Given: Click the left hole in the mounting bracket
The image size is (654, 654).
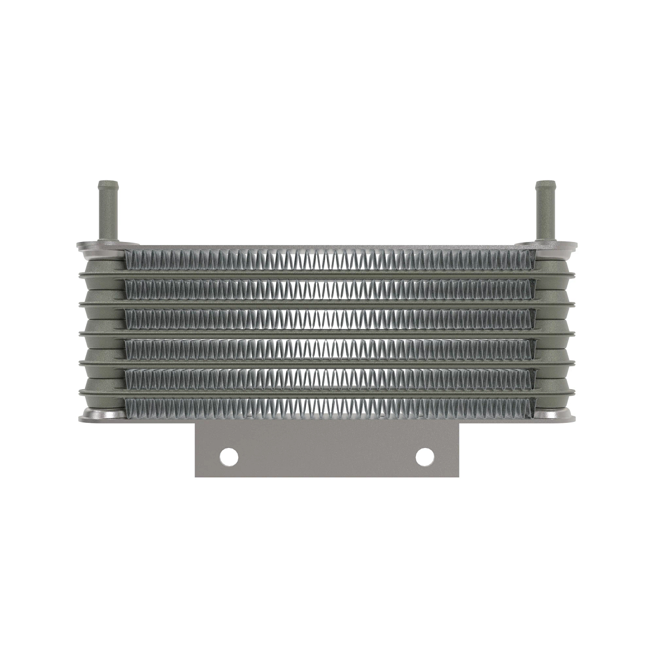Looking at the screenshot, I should pyautogui.click(x=229, y=456).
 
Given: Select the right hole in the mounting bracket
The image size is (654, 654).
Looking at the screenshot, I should pyautogui.click(x=424, y=456).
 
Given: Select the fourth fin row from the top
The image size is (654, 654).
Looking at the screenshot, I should pyautogui.click(x=327, y=347).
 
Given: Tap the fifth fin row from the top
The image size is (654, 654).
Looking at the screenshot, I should pyautogui.click(x=327, y=376).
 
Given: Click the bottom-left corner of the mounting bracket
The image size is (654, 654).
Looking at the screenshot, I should pyautogui.click(x=197, y=475).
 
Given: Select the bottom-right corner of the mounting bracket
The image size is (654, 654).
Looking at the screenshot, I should pyautogui.click(x=457, y=475).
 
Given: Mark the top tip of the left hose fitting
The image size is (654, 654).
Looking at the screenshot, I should pyautogui.click(x=107, y=182).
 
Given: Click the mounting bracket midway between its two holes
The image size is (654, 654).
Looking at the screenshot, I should pyautogui.click(x=327, y=456).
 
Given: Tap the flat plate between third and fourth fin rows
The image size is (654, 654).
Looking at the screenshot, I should pyautogui.click(x=327, y=332).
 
